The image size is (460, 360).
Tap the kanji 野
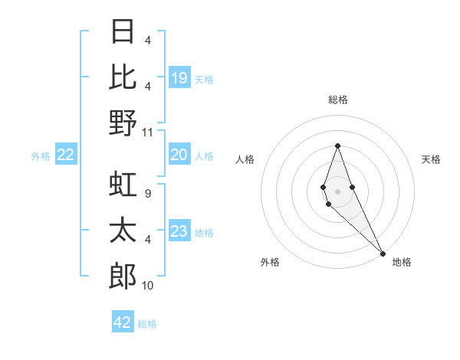click(x=123, y=123)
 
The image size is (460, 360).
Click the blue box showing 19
click(x=179, y=77)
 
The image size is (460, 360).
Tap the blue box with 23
click(x=179, y=231)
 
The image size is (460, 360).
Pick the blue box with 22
click(x=66, y=155)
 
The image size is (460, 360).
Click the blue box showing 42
click(x=123, y=322)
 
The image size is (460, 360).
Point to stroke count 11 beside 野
click(x=148, y=133)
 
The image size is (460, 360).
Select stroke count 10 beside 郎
click(x=148, y=286)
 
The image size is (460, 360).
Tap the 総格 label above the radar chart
click(x=337, y=100)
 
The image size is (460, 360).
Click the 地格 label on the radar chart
click(x=402, y=262)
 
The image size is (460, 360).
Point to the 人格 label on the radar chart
click(x=245, y=159)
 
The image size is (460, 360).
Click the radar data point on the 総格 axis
click(x=337, y=146)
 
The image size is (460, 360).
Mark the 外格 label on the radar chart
click(x=270, y=262)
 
